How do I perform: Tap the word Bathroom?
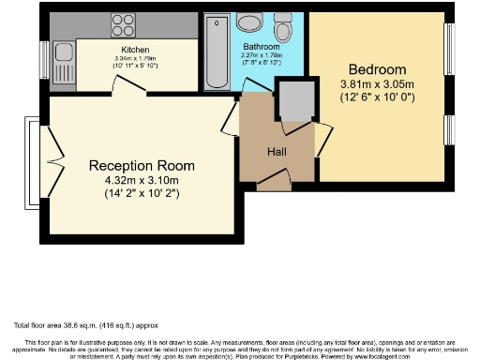click(x=261, y=46)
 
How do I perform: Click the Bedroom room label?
click(x=377, y=70)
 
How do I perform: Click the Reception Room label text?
click(x=140, y=165)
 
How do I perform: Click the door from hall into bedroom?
click(x=322, y=141)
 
